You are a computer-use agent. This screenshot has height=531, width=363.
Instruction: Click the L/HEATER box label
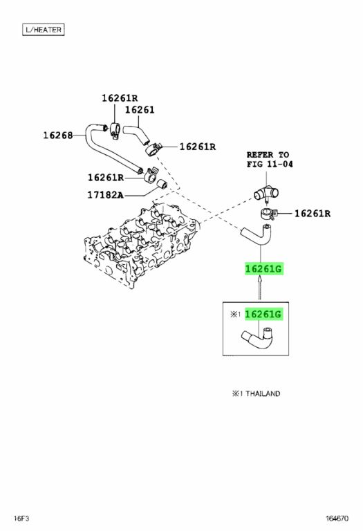44,30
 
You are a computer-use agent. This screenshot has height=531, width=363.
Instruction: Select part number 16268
58,136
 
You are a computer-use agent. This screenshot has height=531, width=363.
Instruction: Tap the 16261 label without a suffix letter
140,110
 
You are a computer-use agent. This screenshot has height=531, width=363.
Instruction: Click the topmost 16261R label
120,98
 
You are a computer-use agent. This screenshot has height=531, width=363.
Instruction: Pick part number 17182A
105,195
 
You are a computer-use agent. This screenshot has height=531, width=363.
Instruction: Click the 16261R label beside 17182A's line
106,178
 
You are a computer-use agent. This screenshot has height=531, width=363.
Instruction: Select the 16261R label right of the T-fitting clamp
313,214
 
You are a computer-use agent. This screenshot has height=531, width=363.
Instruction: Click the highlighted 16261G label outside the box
263,269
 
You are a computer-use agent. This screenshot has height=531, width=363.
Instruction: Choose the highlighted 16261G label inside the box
263,315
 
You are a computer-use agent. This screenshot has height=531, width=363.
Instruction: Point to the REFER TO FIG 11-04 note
270,160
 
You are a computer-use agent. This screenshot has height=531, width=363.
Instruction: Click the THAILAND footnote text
256,394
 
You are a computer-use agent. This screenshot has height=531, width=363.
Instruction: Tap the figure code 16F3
21,519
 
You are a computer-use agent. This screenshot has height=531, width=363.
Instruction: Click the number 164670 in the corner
337,519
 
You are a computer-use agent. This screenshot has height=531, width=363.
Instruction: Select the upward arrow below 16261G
260,288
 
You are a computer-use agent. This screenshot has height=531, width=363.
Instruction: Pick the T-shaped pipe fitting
266,194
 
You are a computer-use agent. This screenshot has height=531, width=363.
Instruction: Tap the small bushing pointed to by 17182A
162,183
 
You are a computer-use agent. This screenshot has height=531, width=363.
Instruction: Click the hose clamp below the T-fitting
269,214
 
